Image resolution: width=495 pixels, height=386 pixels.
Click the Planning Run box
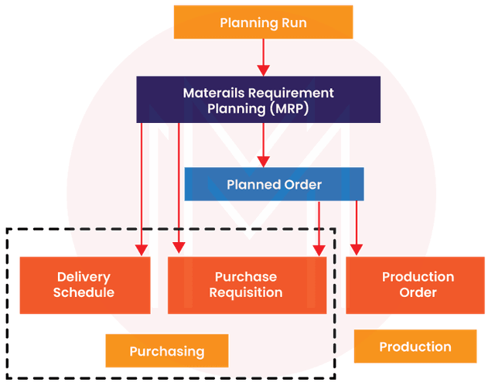(263, 22)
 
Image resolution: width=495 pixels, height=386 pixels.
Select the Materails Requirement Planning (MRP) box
(258, 100)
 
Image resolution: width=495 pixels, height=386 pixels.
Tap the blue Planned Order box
(274, 184)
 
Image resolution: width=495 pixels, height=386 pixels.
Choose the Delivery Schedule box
(84, 285)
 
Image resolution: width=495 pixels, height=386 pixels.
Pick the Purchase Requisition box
(246, 285)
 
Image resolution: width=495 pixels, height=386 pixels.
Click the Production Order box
(418, 285)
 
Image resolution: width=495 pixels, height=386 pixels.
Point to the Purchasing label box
(167, 351)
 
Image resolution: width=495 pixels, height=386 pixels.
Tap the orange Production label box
(415, 347)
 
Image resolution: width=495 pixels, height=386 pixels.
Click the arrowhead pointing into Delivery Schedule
(141, 248)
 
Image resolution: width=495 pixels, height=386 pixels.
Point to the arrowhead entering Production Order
(356, 248)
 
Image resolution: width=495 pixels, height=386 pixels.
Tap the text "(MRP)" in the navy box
(283, 108)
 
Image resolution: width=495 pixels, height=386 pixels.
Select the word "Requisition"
(246, 293)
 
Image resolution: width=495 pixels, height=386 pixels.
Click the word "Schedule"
(84, 293)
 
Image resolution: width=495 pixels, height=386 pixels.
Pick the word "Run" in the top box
(293, 23)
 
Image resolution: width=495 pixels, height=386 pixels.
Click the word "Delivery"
(84, 277)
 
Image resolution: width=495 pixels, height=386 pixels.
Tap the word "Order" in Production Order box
(418, 293)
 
